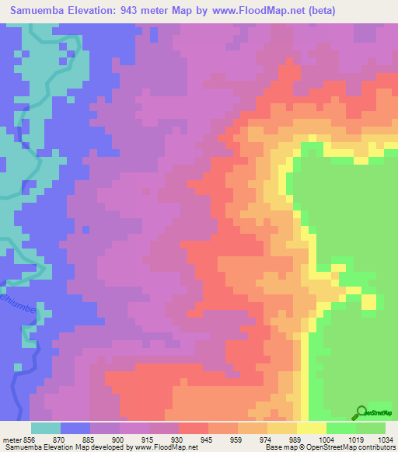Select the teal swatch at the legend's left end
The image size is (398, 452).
pyautogui.click(x=46, y=427)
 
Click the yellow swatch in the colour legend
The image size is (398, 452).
pyautogui.click(x=312, y=427)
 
